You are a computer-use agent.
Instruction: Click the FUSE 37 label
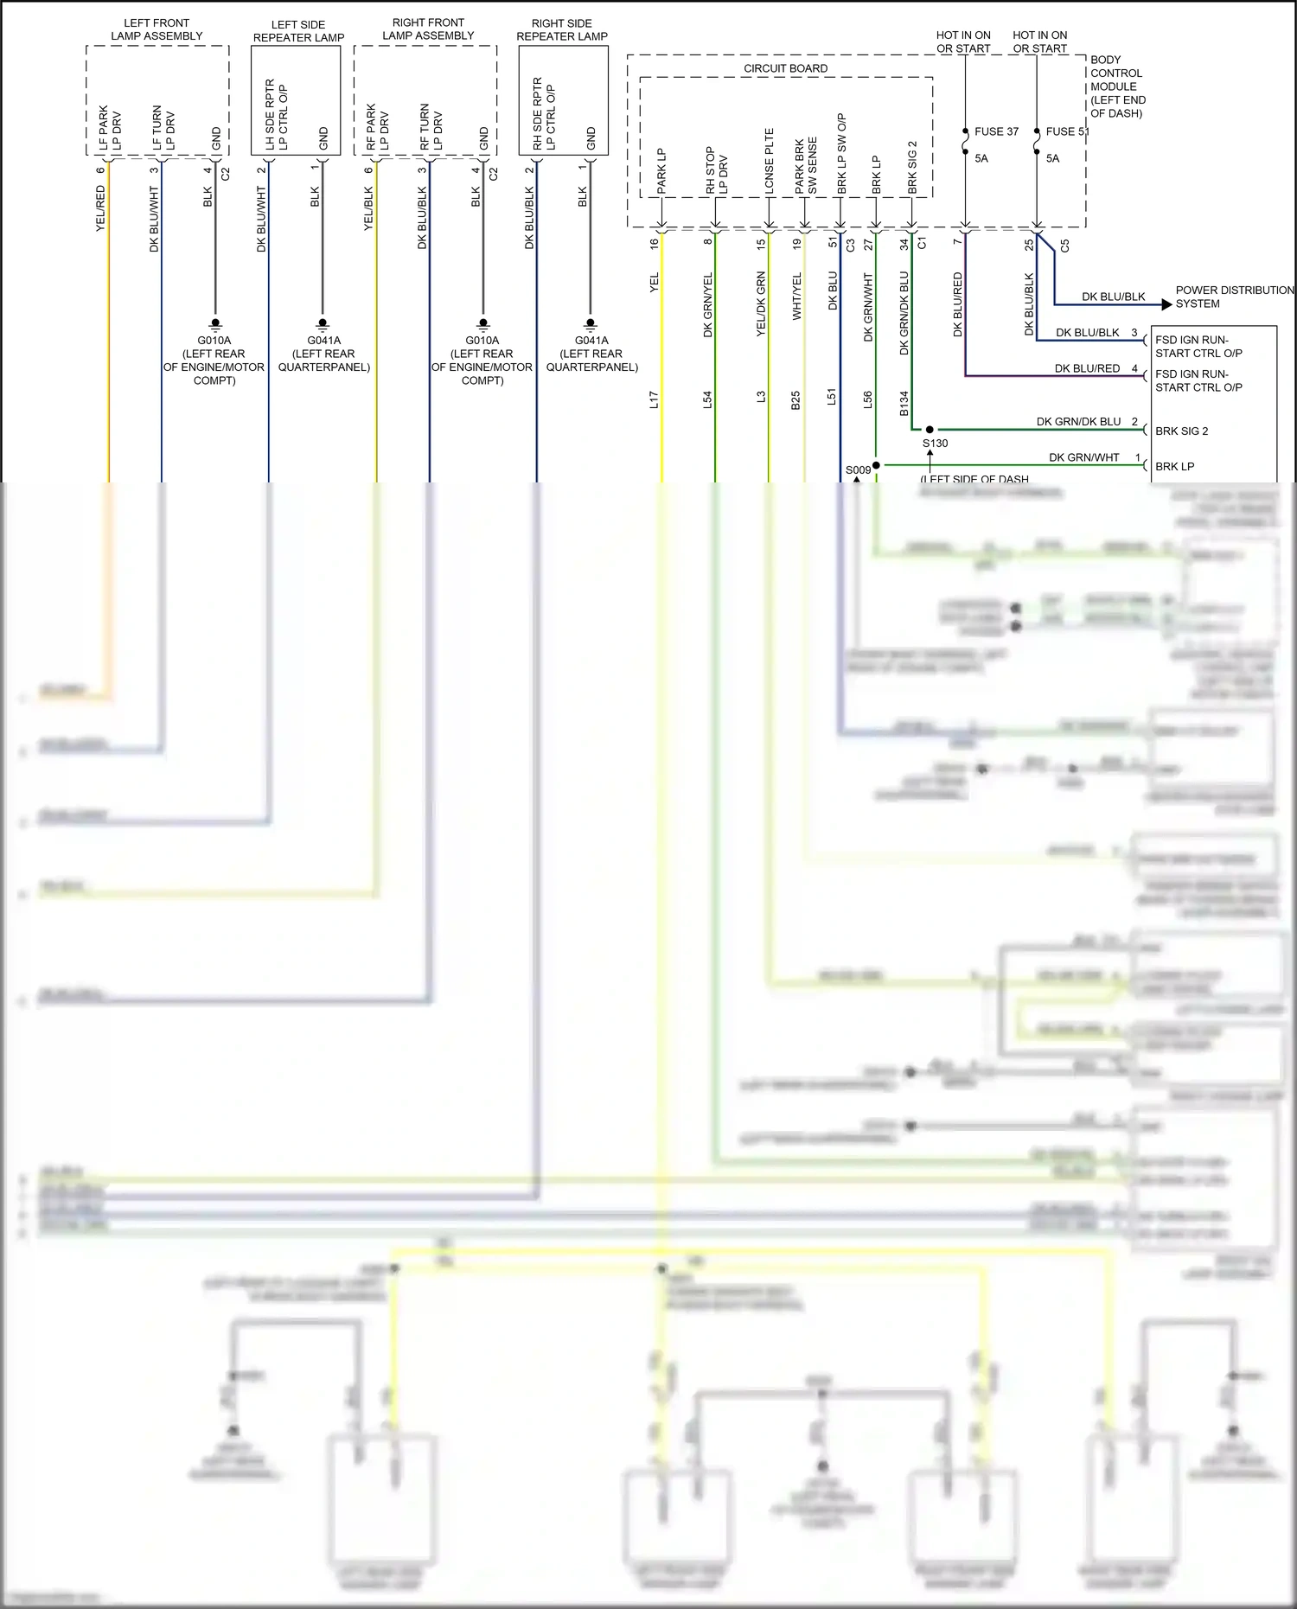coord(996,131)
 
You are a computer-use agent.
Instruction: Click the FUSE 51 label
coord(1067,131)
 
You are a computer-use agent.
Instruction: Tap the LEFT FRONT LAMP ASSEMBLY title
coord(157,29)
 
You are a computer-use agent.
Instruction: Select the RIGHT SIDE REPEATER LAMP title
coord(562,29)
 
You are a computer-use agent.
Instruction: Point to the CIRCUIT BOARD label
coord(785,68)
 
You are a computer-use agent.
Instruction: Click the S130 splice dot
coord(930,430)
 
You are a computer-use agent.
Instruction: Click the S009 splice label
coord(858,470)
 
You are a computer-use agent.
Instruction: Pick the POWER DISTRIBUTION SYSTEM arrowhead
coord(1166,304)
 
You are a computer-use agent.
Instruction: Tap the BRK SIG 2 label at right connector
coord(1181,431)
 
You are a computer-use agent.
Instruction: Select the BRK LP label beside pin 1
coord(1174,466)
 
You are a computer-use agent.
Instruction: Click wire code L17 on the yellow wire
coord(655,399)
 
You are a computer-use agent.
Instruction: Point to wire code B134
coord(904,403)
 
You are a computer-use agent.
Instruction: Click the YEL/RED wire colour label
coord(100,208)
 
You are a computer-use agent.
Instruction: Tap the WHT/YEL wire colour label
coord(796,297)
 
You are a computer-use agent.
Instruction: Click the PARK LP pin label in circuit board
coord(661,170)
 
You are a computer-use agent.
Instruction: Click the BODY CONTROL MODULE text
coord(1116,86)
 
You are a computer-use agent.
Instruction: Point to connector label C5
coord(1064,246)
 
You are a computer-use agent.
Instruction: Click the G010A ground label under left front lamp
coord(214,341)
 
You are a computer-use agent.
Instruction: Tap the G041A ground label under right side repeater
coord(591,341)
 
